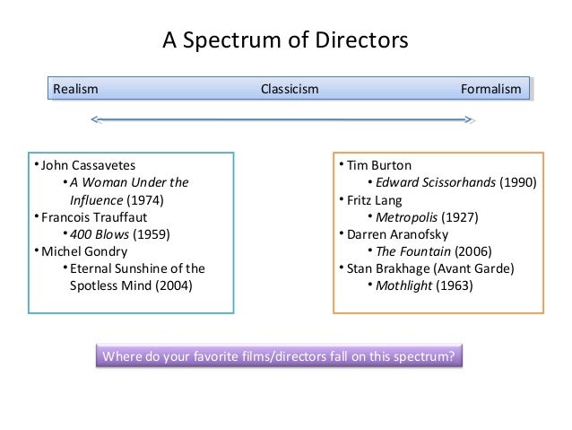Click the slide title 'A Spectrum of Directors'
[x=284, y=40]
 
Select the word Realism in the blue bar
[x=75, y=90]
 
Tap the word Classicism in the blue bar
[x=290, y=90]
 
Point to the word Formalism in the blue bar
[x=490, y=90]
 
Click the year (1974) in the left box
[x=144, y=199]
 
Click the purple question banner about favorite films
[x=281, y=356]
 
